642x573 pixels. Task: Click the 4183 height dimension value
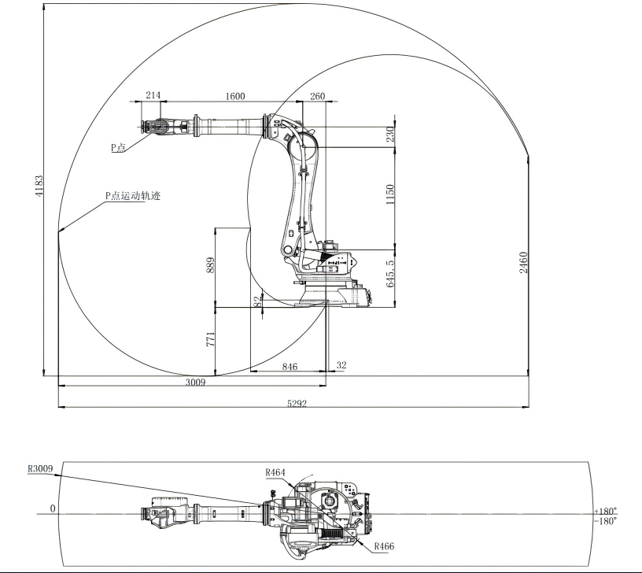[39, 186]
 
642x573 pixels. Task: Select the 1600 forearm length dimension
[235, 96]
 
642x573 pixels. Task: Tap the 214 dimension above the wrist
[153, 95]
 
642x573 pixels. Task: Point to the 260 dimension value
[317, 96]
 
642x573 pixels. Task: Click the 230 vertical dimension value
[390, 134]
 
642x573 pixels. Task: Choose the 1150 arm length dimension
[390, 194]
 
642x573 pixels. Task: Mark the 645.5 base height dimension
[390, 274]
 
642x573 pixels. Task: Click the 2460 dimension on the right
[523, 263]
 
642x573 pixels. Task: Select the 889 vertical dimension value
[210, 265]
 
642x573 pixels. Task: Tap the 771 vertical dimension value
[210, 339]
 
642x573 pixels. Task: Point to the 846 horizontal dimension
[290, 367]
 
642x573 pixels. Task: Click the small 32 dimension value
[341, 365]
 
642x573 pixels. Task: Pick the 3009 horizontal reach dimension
[195, 383]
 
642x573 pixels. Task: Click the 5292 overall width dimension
[297, 404]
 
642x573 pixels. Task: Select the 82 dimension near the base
[257, 302]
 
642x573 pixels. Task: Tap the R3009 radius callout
[40, 468]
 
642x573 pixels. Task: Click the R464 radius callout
[275, 472]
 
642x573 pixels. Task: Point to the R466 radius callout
[385, 546]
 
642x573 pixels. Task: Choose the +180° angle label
[606, 511]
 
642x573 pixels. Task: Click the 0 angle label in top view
[53, 508]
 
